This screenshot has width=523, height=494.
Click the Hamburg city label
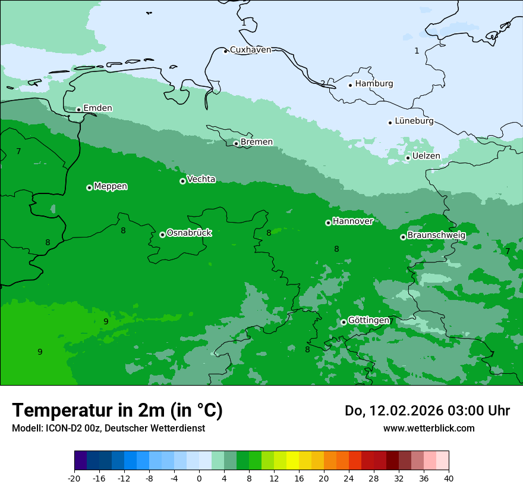pos(374,84)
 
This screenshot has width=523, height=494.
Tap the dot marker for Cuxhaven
pos(225,51)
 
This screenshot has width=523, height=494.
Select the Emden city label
pos(97,108)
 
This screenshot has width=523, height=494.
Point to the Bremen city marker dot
pos(236,143)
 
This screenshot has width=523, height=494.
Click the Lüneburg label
pos(414,121)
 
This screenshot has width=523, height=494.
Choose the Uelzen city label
pos(426,157)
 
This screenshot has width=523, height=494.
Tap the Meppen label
pos(111,186)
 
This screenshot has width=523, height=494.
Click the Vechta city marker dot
pos(182,181)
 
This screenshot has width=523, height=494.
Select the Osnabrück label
pos(189,233)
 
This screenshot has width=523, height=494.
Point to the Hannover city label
pos(352,221)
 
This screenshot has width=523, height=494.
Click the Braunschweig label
pos(436,235)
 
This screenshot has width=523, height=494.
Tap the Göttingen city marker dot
pos(344,322)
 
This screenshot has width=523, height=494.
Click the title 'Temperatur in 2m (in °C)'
pos(117,411)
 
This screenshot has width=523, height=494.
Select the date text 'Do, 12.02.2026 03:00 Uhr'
pos(427,411)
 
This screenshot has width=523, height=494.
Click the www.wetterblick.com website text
pos(429,428)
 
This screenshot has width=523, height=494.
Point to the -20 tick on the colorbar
pos(74,478)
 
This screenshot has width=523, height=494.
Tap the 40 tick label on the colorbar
pos(449,478)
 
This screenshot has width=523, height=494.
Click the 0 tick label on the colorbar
pos(199,478)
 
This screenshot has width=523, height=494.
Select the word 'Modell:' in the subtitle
pos(26,429)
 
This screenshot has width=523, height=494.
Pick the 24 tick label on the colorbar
pos(349,478)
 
